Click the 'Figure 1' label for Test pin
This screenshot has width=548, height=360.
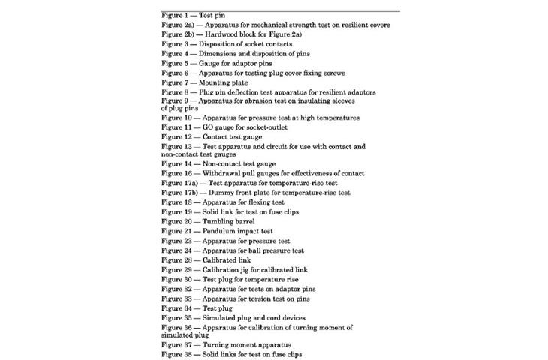coord(177,15)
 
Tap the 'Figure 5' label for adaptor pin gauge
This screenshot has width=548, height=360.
coord(177,64)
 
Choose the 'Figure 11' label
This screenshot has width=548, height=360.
coord(179,127)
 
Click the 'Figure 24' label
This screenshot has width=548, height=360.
coord(179,251)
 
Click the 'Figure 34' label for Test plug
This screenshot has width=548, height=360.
coord(179,308)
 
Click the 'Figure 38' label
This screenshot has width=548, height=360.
coord(179,354)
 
